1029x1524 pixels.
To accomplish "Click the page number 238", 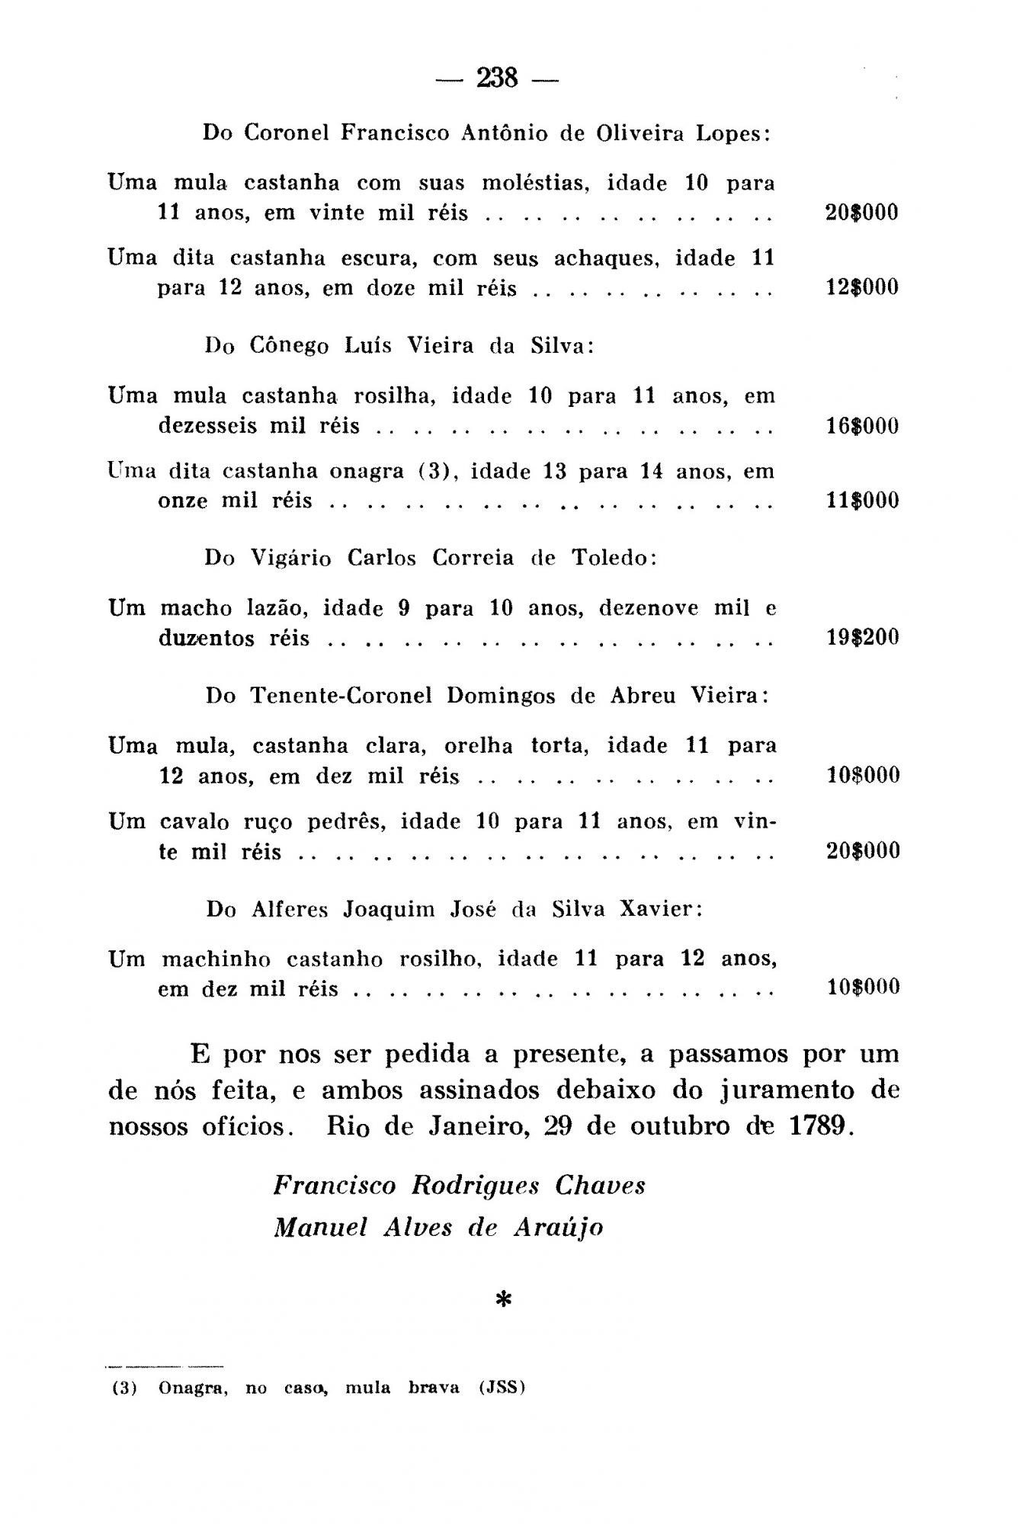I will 497,78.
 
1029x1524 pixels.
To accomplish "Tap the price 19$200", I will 863,637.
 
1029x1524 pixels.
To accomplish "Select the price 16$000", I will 863,425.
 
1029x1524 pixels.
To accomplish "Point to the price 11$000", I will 863,501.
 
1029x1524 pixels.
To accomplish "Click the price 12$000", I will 862,287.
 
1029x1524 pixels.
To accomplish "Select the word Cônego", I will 289,346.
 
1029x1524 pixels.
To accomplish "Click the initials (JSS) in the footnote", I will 502,1388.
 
